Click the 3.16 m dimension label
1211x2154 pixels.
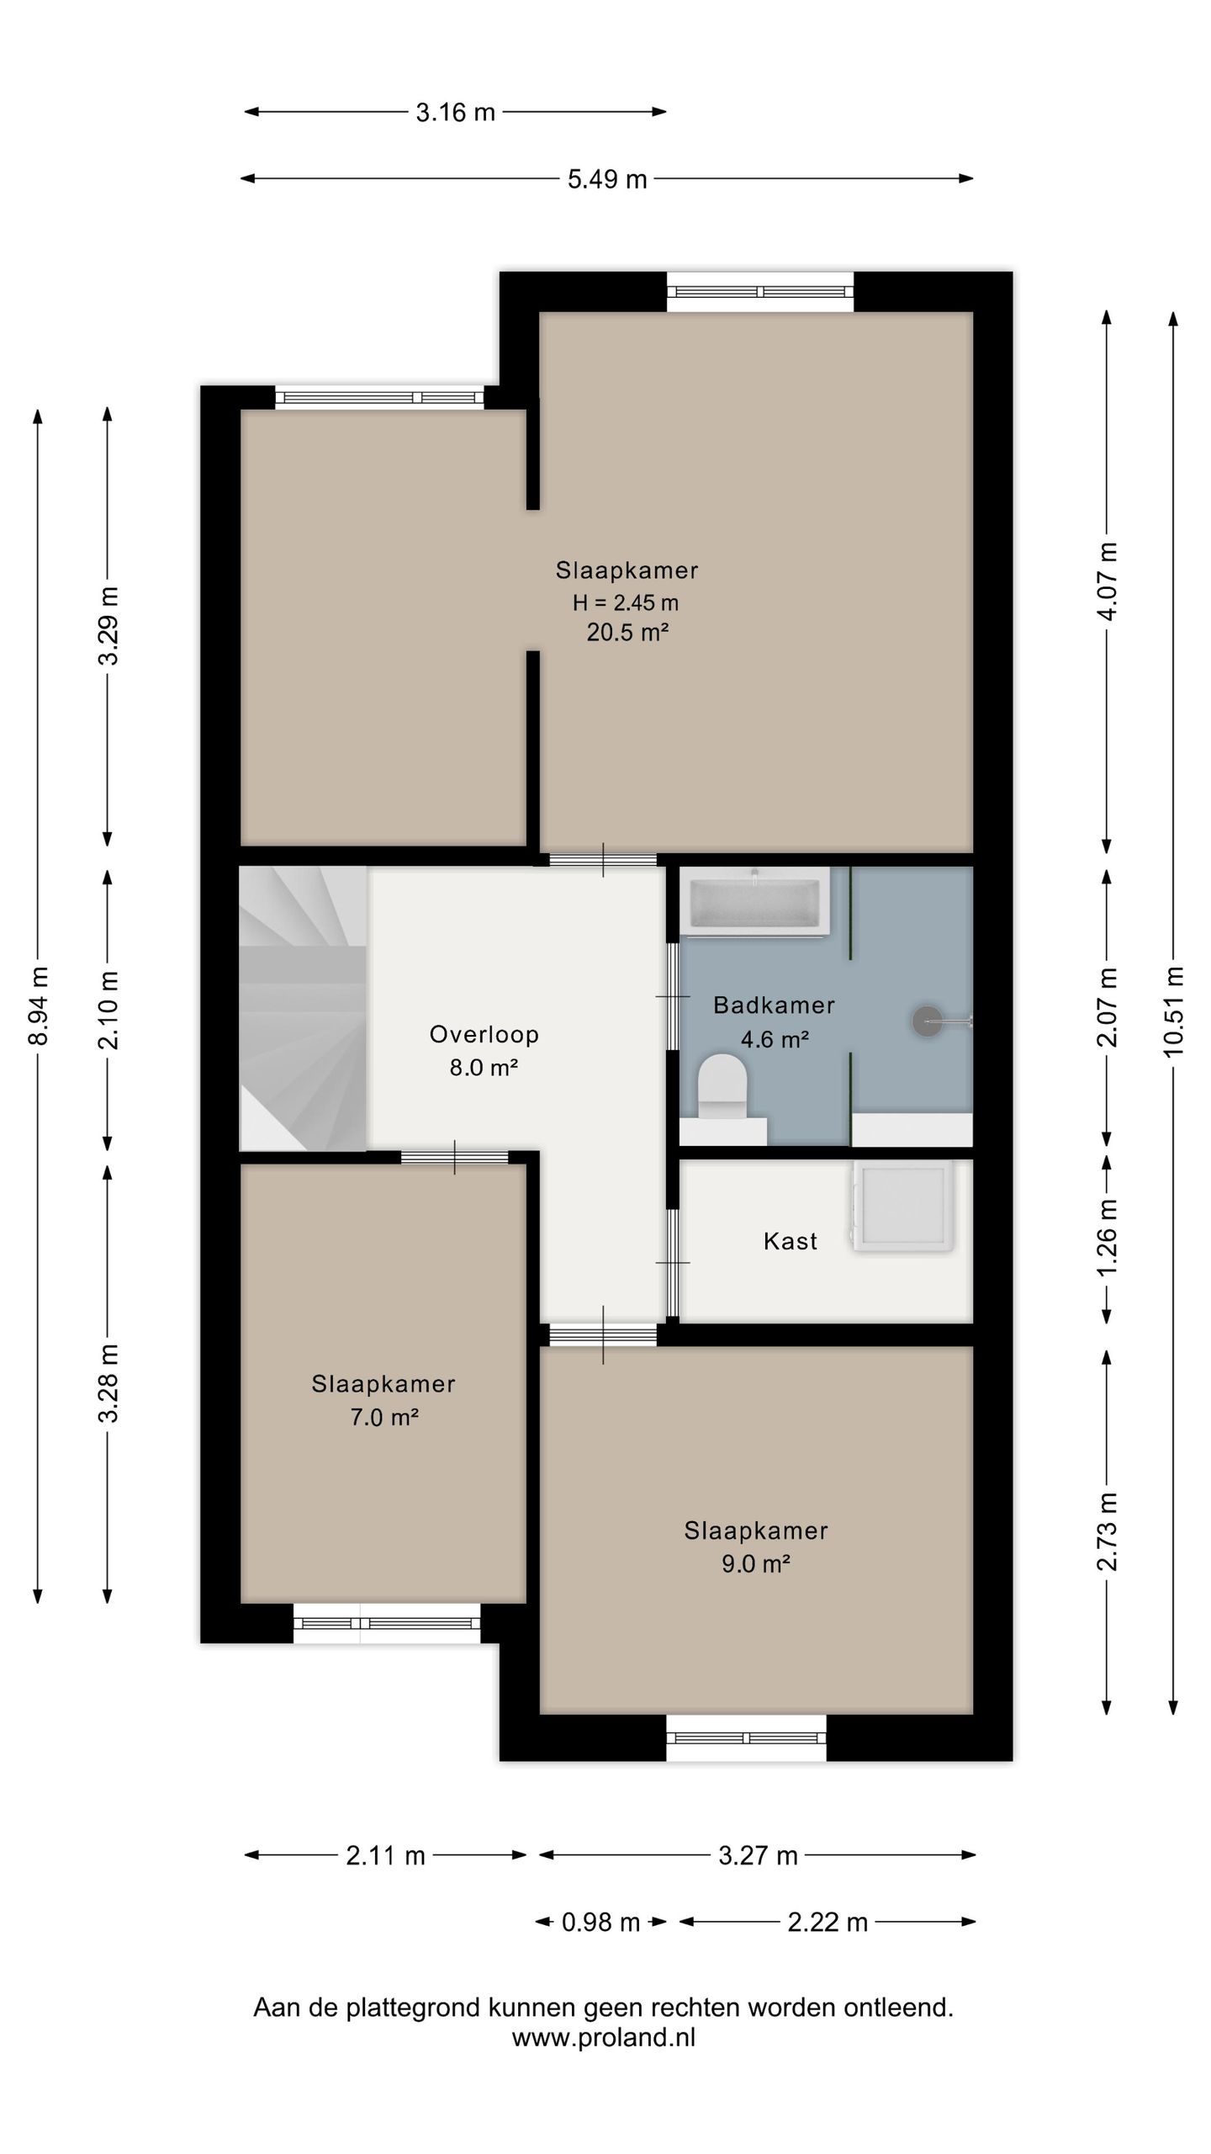[455, 113]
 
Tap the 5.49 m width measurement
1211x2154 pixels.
[606, 179]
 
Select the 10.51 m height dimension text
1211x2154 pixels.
[1173, 1011]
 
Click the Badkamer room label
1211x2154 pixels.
[774, 1005]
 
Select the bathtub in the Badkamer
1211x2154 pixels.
[755, 901]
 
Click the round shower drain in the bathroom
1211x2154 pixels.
[927, 1021]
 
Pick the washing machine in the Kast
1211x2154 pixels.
[902, 1207]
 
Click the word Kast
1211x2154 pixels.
[791, 1241]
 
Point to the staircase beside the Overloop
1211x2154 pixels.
[303, 1008]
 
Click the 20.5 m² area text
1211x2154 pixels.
[627, 632]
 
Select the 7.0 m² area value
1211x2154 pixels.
[384, 1418]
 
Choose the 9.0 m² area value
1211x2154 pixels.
[756, 1564]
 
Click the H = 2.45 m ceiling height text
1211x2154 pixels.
[626, 602]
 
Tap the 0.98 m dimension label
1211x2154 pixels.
[600, 1923]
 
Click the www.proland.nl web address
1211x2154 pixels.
[604, 2037]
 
